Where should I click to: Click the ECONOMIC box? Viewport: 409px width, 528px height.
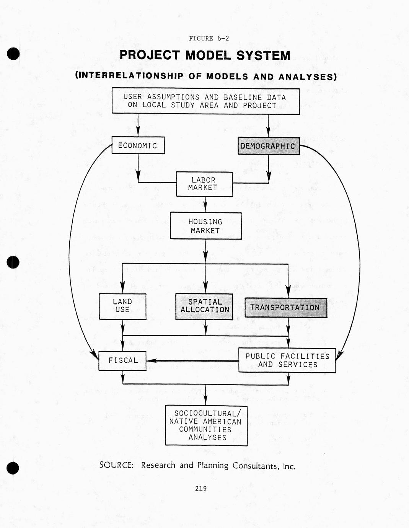click(x=138, y=145)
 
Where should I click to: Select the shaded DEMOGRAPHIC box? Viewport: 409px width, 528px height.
click(x=269, y=146)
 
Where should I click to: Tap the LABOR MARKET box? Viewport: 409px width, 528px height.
click(x=204, y=184)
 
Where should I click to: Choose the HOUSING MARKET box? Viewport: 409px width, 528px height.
click(x=206, y=226)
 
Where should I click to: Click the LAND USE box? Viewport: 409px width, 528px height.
click(x=122, y=306)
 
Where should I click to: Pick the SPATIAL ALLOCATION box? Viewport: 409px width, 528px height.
click(x=204, y=306)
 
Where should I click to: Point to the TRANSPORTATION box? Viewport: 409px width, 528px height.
click(x=286, y=308)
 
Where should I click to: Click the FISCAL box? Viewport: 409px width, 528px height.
click(x=122, y=360)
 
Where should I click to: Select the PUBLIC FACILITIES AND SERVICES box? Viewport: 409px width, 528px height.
click(x=287, y=360)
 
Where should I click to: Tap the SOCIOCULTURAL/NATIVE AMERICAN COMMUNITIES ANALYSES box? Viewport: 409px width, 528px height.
click(x=206, y=425)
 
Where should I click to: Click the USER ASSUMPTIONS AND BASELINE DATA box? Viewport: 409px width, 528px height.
click(x=205, y=101)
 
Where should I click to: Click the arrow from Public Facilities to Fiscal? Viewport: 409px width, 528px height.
click(x=191, y=360)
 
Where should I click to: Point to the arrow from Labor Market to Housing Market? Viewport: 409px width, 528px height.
click(x=205, y=204)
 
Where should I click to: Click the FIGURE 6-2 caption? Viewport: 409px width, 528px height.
click(x=209, y=38)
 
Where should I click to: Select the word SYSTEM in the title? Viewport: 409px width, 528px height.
click(x=263, y=55)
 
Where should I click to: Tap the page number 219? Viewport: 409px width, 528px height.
click(x=201, y=488)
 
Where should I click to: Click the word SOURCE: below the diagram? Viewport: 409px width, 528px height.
click(x=116, y=465)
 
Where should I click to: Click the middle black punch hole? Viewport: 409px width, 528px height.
click(x=13, y=262)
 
